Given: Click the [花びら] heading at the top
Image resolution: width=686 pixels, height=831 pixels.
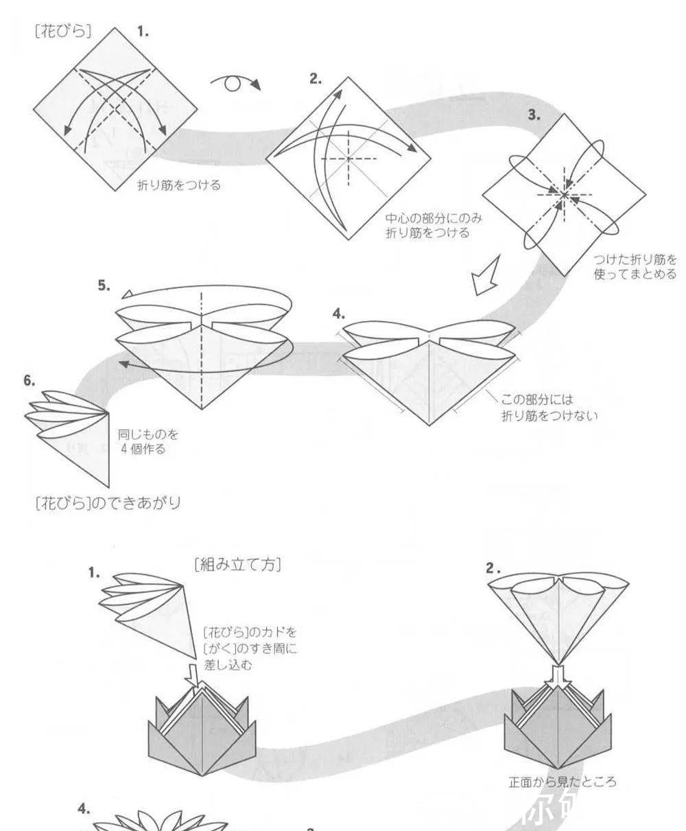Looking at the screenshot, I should coord(62,31).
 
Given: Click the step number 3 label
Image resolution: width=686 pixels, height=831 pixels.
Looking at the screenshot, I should coord(533,115).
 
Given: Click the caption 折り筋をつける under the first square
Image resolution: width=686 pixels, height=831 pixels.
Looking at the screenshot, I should coord(179,185).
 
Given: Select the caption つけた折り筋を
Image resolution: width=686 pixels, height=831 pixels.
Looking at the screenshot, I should coord(635,260).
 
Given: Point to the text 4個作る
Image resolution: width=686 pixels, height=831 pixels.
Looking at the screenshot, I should coord(143,450).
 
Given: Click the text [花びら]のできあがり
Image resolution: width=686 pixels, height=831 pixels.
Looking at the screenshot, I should coord(108,503).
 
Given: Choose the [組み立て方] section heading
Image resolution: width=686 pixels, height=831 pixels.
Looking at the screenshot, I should coord(237,565).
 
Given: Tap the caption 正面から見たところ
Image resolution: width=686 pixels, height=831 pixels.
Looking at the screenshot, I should coord(562,781).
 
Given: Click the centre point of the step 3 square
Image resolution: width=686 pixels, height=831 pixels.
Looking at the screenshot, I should coord(564,195).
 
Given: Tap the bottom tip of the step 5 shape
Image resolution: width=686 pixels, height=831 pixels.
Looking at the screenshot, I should coord(202,409).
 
